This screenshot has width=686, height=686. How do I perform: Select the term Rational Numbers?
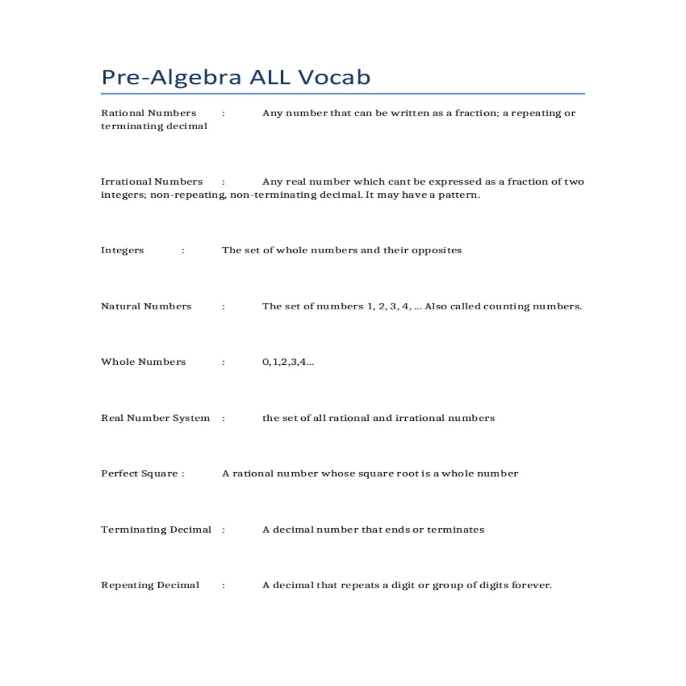pos(149,113)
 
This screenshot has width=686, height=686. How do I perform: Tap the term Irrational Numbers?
pos(151,182)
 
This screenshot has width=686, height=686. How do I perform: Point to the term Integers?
pos(122,250)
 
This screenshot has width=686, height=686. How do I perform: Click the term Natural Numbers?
pos(146,306)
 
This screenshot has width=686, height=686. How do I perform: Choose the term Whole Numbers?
pos(143,362)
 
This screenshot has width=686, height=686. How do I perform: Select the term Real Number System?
pos(155,418)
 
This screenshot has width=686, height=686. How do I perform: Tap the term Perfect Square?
pos(139,473)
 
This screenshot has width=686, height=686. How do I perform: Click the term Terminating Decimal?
pos(156,529)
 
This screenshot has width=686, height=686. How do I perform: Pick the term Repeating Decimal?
pos(150,585)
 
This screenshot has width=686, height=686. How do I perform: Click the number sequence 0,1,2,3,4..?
pos(288,362)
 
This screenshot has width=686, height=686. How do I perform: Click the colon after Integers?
pos(183,250)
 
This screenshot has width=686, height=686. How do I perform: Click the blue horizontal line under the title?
pos(343,94)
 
